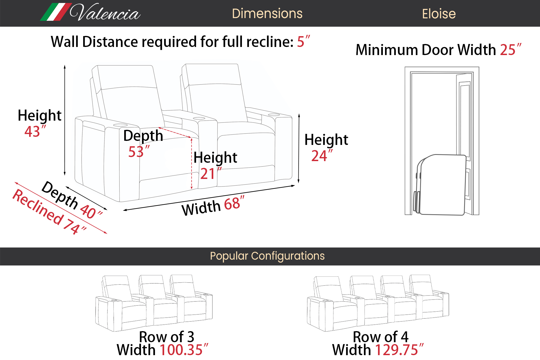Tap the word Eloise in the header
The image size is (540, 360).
click(x=439, y=14)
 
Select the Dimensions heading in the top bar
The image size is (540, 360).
click(x=267, y=13)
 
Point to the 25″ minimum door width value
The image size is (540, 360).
click(x=511, y=50)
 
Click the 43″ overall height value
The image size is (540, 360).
click(x=35, y=131)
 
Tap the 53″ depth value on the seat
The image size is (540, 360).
click(x=139, y=151)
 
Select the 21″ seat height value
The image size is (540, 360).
click(x=211, y=174)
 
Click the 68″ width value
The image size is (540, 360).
click(x=234, y=203)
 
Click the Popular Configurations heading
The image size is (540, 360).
click(x=267, y=256)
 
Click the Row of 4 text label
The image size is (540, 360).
click(x=381, y=337)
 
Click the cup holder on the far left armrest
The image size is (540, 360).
click(x=120, y=125)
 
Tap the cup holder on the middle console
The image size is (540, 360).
click(x=199, y=118)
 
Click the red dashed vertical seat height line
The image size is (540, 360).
click(x=192, y=164)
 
